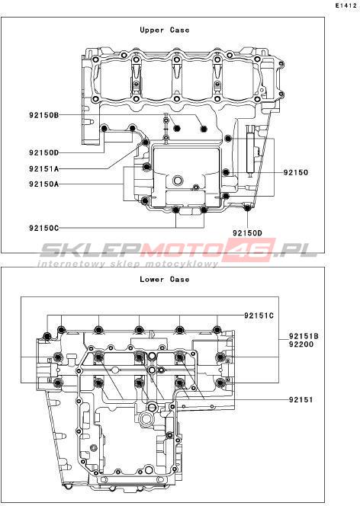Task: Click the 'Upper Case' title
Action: coord(164,30)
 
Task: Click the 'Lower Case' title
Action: coord(164,279)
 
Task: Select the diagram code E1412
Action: coord(346,5)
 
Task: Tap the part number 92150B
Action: coord(44,115)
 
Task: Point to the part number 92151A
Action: coord(44,168)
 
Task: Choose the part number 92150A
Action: coord(44,184)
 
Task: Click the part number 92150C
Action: coord(44,228)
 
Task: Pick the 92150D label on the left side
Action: coord(44,152)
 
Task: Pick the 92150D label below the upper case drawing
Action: coord(247,232)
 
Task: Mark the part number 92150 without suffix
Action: coord(296,172)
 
